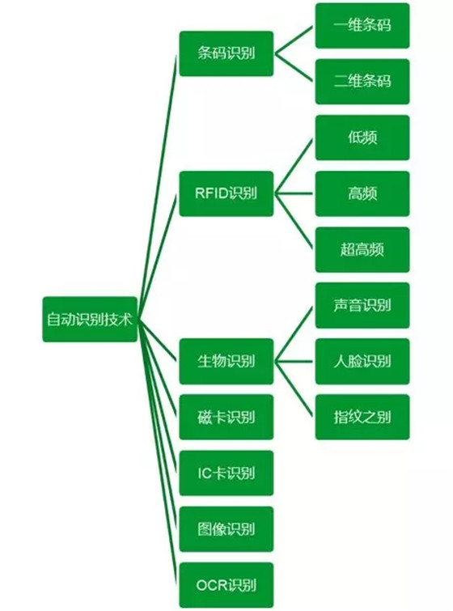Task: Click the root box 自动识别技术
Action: pyautogui.click(x=90, y=320)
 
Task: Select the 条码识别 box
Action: pyautogui.click(x=226, y=53)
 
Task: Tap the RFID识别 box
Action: pyautogui.click(x=226, y=193)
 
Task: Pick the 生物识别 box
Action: pyautogui.click(x=226, y=361)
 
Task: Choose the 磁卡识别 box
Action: pyautogui.click(x=226, y=418)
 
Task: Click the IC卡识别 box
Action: pyautogui.click(x=226, y=473)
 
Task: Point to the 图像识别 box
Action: pyautogui.click(x=226, y=529)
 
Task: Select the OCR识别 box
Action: pyautogui.click(x=226, y=585)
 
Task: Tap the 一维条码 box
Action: pyautogui.click(x=362, y=26)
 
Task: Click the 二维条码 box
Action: pyautogui.click(x=362, y=82)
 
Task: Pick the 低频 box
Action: pyautogui.click(x=362, y=138)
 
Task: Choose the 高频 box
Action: pyautogui.click(x=362, y=193)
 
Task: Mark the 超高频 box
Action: pyautogui.click(x=362, y=250)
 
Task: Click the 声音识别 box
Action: pyautogui.click(x=362, y=306)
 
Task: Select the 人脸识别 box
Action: pyautogui.click(x=362, y=361)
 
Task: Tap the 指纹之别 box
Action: pyautogui.click(x=362, y=418)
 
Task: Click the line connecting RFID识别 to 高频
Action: pyautogui.click(x=294, y=193)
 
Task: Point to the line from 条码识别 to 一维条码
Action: pyautogui.click(x=294, y=40)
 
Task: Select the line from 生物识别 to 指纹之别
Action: pyautogui.click(x=294, y=388)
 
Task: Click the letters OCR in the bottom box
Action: pyautogui.click(x=212, y=585)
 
